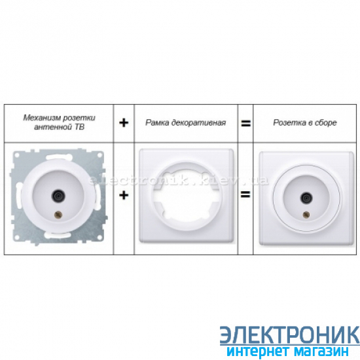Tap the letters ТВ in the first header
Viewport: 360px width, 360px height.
coord(79,127)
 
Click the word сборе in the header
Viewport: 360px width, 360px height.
coord(325,123)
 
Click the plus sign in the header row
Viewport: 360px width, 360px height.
coord(124,123)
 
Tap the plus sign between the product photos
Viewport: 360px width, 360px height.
coord(124,196)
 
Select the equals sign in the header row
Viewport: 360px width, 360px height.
coord(245,123)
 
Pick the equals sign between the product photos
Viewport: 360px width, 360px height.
coord(245,194)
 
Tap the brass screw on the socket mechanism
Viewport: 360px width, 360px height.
coord(58,215)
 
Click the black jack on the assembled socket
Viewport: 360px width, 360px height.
coord(306,198)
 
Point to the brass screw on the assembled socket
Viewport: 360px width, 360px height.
coord(306,215)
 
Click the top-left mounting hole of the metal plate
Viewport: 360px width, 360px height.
coord(17,155)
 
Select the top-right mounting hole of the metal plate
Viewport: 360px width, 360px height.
coord(99,155)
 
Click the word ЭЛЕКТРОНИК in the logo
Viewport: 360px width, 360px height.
coord(290,335)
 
